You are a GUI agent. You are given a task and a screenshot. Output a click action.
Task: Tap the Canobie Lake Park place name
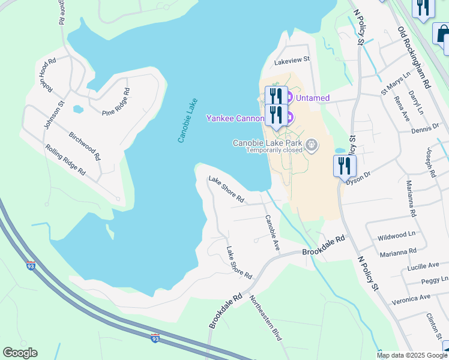268,143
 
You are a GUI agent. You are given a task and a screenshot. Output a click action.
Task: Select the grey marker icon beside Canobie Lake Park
312,144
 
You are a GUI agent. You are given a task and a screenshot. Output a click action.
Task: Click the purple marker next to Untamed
288,97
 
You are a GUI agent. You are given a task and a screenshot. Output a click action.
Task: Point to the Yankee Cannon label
235,118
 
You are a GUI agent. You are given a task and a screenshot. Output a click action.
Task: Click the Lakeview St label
291,59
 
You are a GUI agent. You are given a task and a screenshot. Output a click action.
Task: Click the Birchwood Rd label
84,146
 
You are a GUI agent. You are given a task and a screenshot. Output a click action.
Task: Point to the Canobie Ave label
273,232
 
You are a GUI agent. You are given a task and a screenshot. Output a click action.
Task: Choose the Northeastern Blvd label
265,318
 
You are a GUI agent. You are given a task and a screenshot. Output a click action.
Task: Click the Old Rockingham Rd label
414,57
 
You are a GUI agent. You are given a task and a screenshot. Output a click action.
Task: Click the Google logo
20,353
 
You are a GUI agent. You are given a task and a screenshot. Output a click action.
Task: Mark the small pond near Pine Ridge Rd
77,109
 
